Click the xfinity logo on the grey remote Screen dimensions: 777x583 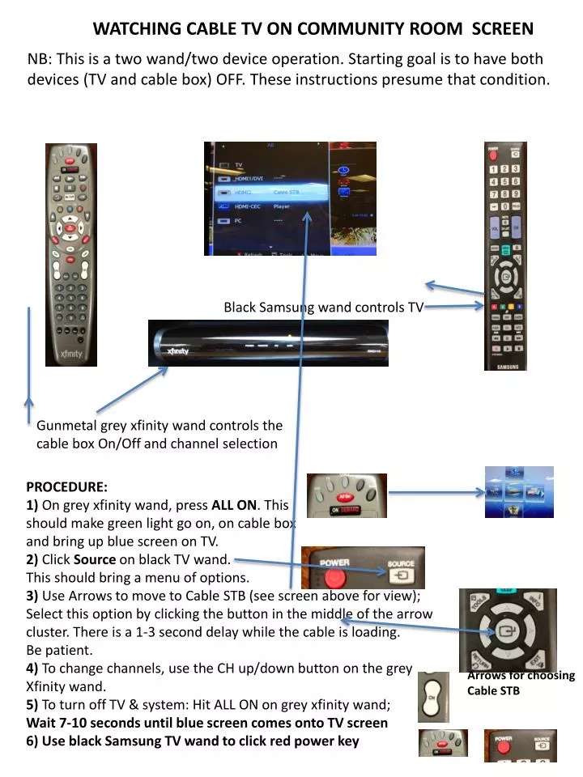[x=70, y=354]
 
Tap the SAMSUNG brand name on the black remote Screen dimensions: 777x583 [x=505, y=365]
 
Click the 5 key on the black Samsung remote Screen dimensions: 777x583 [x=505, y=182]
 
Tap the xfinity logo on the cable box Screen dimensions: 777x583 [x=177, y=350]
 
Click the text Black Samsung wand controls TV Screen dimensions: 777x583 [x=324, y=307]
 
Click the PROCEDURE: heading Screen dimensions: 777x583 [x=66, y=486]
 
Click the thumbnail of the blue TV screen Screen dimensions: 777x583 [x=519, y=491]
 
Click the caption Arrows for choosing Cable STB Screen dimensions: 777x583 [x=520, y=682]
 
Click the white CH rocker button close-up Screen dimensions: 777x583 [x=432, y=697]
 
